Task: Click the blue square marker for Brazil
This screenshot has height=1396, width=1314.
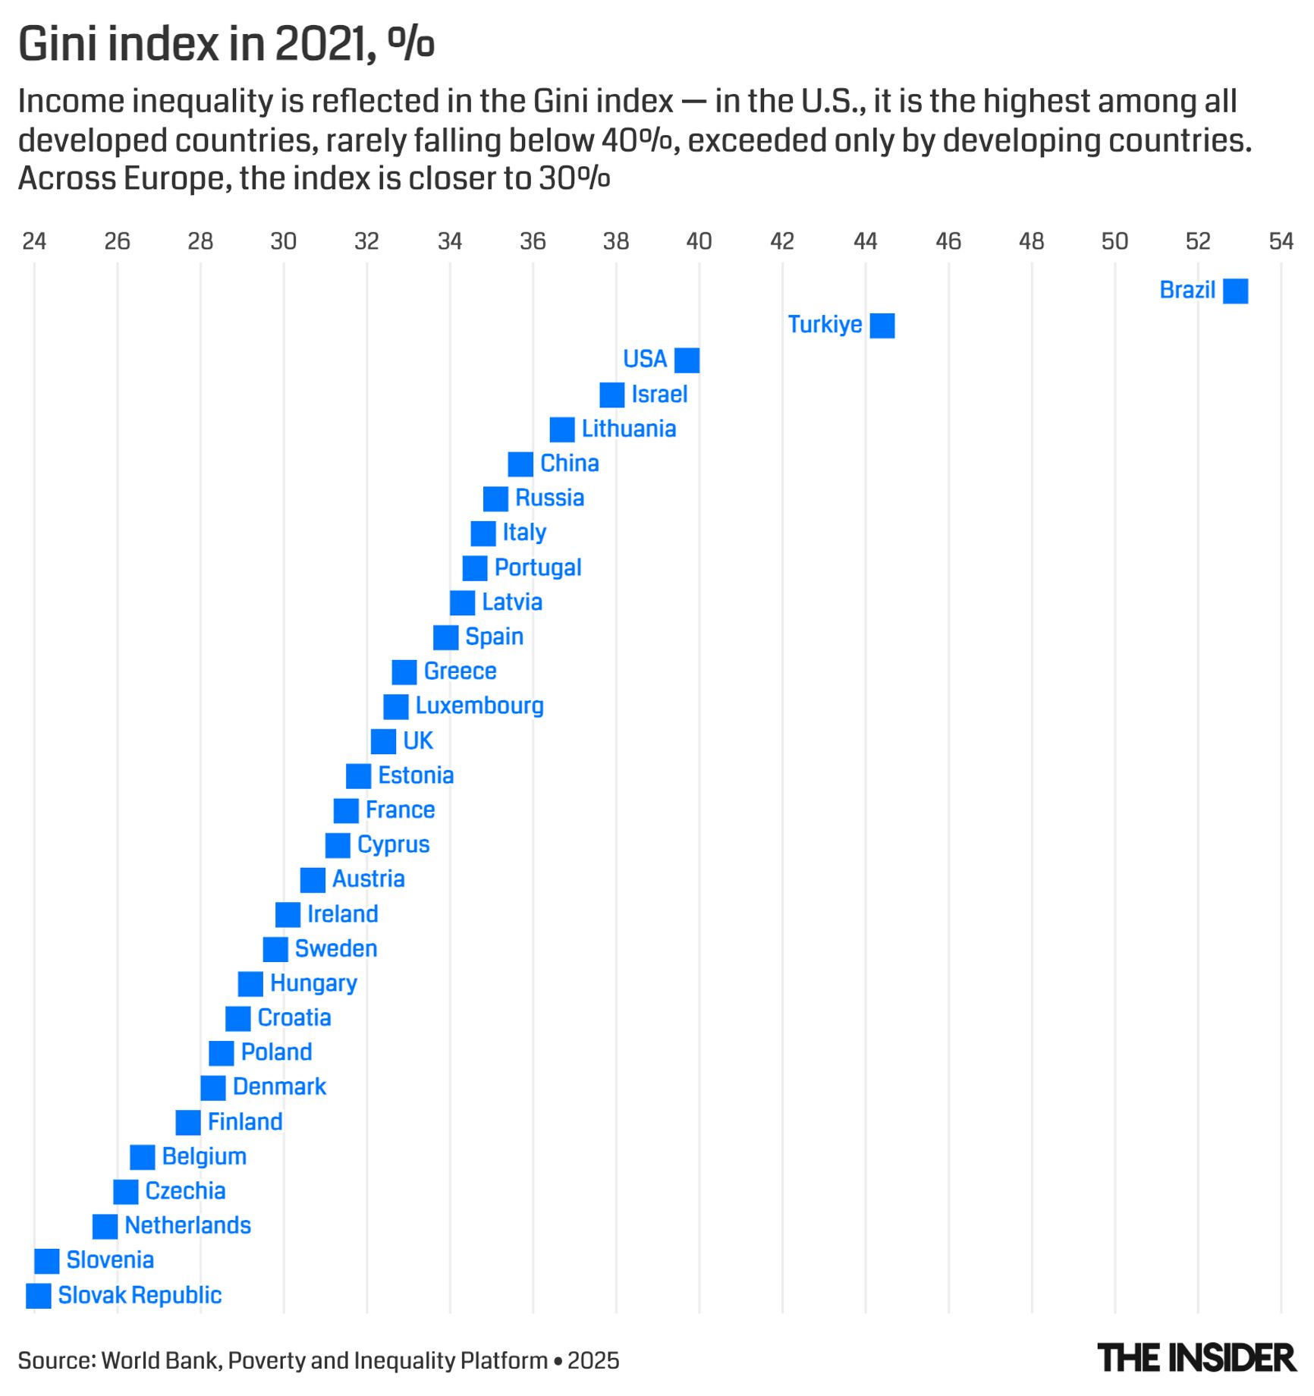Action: coord(1235,291)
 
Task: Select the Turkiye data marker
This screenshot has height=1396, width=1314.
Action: coord(882,325)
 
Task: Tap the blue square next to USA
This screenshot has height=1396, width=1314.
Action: coord(687,360)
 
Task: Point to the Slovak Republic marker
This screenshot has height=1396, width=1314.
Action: coord(39,1296)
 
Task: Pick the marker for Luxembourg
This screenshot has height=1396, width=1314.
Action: coord(395,707)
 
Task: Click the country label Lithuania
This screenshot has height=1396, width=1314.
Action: coord(628,429)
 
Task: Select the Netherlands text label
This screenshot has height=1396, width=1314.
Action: coord(187,1225)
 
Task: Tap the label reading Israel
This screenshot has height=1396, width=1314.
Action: coord(659,395)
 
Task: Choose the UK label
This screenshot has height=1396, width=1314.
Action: coord(417,740)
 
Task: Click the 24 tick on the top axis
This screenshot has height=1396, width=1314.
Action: coord(34,241)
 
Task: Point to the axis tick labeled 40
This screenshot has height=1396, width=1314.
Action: coord(699,241)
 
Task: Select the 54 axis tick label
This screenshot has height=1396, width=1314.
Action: coord(1281,241)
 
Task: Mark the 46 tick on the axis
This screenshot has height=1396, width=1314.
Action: coord(948,241)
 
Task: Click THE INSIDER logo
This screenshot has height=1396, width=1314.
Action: coord(1196,1358)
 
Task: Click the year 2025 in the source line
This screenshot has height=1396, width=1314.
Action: coord(593,1360)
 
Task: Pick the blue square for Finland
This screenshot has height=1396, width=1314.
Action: coord(188,1122)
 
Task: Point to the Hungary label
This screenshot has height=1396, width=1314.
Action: coord(313,983)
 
